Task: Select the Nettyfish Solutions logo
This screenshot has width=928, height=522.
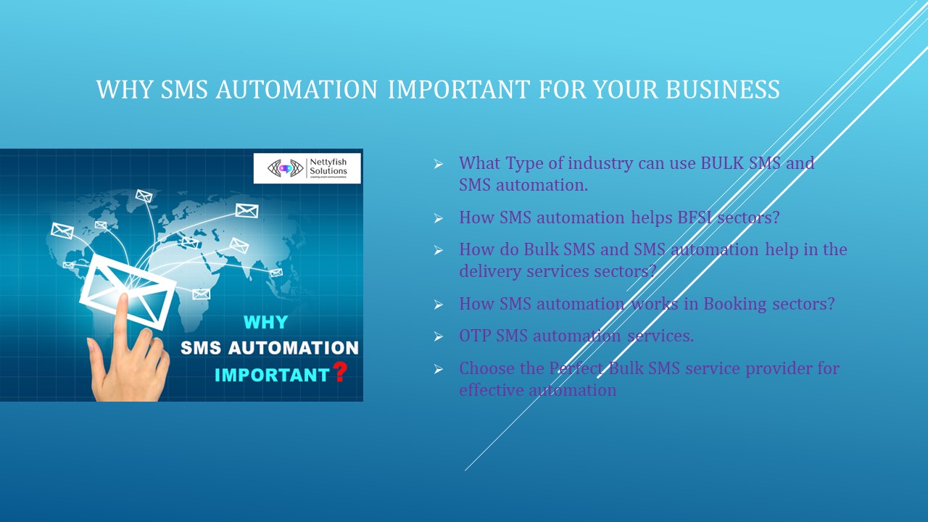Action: (x=307, y=168)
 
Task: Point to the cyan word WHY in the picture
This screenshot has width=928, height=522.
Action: (x=265, y=322)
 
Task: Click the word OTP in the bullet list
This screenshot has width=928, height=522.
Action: (x=475, y=336)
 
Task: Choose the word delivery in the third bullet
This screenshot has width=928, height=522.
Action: (x=490, y=270)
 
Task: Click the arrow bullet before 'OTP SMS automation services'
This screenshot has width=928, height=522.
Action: (x=439, y=337)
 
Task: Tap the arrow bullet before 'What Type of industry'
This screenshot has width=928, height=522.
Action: (x=439, y=165)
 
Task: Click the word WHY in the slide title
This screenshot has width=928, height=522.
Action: (x=125, y=90)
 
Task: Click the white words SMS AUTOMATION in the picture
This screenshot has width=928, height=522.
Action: (x=269, y=348)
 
